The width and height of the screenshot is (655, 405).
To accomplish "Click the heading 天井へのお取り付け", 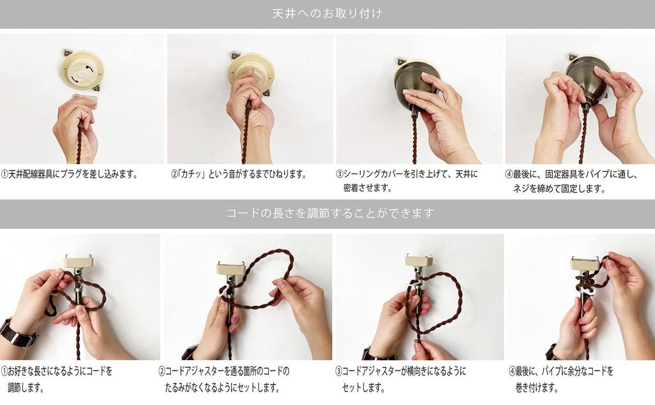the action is point(327,14).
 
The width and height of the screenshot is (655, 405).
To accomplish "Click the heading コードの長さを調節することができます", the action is point(330,213).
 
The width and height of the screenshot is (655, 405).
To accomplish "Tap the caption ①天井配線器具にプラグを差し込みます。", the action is point(69,174).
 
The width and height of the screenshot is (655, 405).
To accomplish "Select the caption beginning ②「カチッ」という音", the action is point(239,174).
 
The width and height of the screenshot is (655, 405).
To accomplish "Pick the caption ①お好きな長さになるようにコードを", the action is point(56,371).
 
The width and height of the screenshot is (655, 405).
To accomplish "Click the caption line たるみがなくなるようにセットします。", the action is point(222,388).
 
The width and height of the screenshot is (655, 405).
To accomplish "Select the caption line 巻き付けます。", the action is point(537,388).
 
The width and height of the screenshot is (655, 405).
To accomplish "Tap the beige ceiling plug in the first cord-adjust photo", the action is point(78,262).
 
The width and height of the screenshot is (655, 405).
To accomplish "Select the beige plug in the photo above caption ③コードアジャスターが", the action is point(419,261).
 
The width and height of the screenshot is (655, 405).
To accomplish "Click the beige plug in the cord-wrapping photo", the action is point(585,264).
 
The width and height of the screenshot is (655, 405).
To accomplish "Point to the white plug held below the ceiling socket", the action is point(86,100).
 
